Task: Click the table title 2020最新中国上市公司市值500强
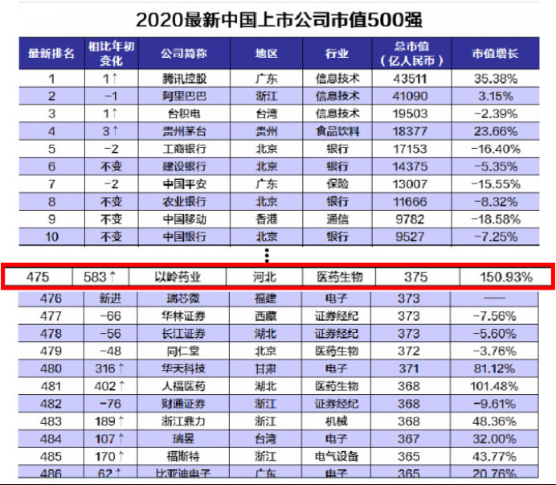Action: tap(278, 18)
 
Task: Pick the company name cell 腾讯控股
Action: tap(183, 79)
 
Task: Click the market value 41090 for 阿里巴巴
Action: tap(415, 95)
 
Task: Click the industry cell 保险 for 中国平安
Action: tap(337, 183)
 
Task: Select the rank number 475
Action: tap(38, 277)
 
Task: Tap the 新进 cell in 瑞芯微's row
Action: tap(108, 298)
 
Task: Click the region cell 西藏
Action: tap(266, 316)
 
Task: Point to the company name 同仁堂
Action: tap(183, 351)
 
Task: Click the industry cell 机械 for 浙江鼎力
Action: tap(337, 421)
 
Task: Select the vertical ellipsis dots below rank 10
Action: tap(268, 255)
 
